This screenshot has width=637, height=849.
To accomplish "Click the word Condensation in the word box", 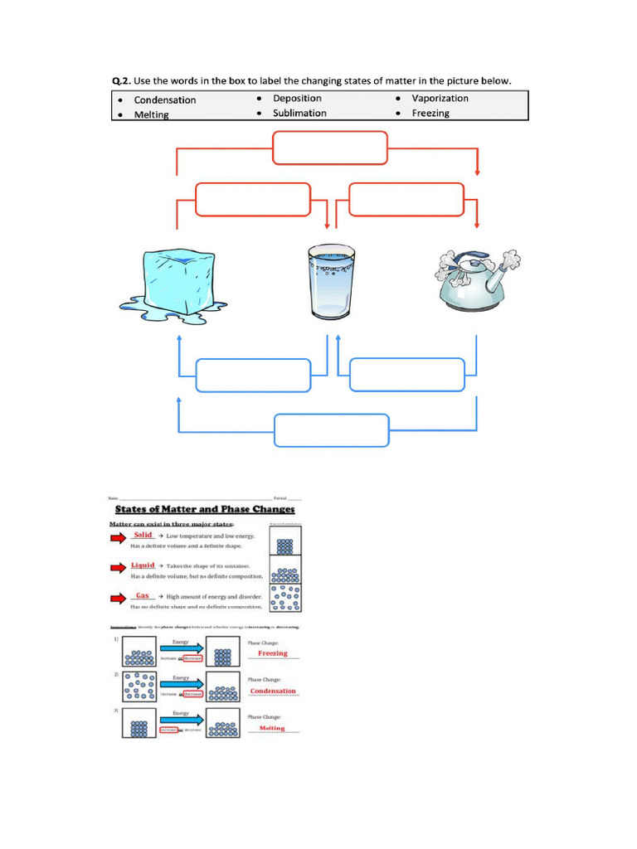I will pos(165,99).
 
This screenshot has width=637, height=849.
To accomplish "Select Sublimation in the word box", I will pos(299,113).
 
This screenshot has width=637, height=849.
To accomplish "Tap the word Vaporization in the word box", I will pos(440,98).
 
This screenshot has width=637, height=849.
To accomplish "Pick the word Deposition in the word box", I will pos(297,98).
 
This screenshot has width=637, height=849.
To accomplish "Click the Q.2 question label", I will pos(122,80).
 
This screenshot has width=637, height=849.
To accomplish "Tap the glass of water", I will pos(332,282).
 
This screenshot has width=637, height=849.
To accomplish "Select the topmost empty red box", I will pos(330,148).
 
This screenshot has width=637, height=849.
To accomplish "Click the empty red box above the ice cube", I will pos(252,200).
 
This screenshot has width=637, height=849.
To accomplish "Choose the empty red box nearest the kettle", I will pos(406,200).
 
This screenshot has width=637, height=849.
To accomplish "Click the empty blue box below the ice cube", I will pos(253,376).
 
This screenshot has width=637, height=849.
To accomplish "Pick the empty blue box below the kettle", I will pos(407,375).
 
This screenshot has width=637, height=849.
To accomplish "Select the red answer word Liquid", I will pos(143,565).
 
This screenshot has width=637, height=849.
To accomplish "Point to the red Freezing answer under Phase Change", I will pos(273,653).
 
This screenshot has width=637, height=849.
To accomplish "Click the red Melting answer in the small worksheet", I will pos(272,728).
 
